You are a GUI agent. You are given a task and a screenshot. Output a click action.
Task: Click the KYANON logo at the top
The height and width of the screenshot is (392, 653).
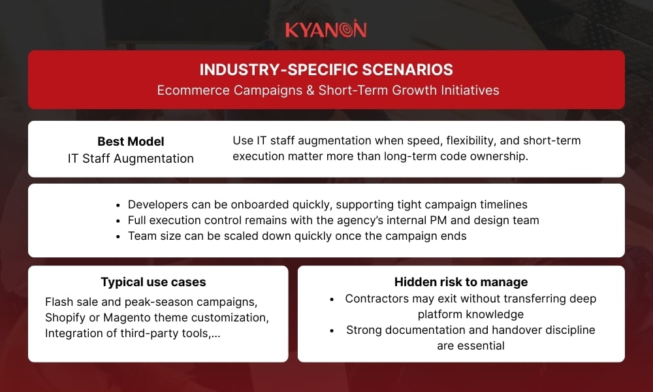[326, 29]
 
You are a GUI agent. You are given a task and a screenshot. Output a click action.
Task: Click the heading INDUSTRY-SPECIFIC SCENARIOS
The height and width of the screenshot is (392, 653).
[326, 69]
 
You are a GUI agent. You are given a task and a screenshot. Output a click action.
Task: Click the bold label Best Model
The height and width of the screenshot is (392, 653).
[131, 141]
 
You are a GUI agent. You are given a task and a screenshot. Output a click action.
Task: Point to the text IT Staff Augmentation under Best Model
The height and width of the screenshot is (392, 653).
[131, 158]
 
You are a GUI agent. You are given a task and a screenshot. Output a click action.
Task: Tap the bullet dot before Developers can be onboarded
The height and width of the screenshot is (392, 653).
[116, 204]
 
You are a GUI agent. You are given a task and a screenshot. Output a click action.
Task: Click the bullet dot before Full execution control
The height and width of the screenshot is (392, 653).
[116, 221]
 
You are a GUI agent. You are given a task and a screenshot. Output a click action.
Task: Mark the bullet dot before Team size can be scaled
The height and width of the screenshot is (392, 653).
[116, 237]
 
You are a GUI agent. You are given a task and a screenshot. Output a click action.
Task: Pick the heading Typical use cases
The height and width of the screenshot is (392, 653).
[153, 282]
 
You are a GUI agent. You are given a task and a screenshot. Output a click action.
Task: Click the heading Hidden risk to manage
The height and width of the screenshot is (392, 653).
[461, 282]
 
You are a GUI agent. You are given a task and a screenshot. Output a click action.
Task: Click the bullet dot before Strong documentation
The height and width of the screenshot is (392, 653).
[334, 331]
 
